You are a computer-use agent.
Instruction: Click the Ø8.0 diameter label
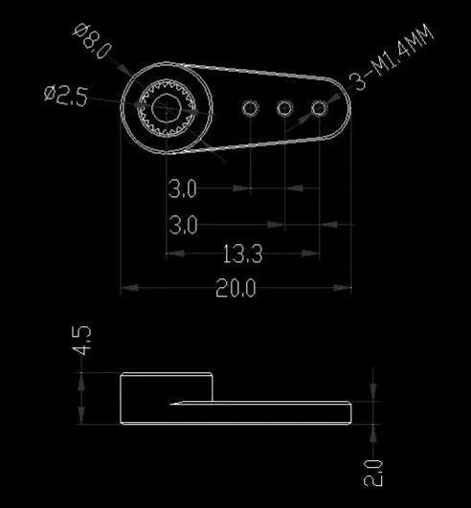point(94,41)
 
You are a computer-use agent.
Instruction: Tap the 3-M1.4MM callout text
point(393,60)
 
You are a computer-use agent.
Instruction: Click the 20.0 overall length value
point(235,288)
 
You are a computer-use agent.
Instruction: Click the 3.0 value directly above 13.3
point(183,226)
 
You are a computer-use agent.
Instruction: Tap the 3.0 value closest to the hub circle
point(183,189)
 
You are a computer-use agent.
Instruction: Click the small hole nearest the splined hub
point(250,107)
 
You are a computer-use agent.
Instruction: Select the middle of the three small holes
point(284,109)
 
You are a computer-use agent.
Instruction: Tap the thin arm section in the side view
point(287,412)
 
